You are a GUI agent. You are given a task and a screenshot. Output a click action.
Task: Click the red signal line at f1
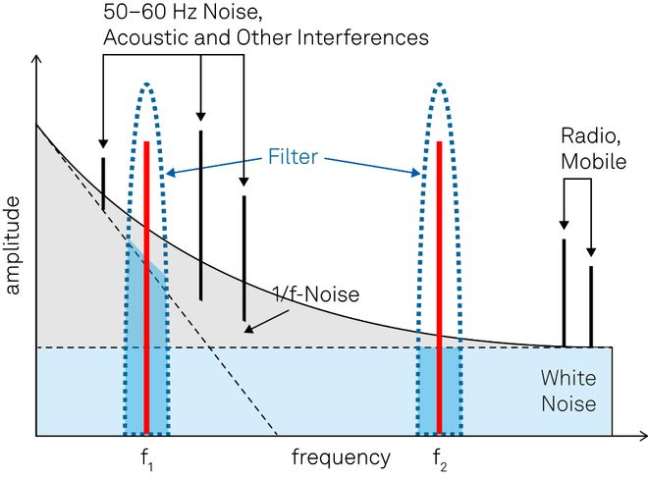point(146,285)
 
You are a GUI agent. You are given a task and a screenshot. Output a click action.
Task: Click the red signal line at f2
point(439,285)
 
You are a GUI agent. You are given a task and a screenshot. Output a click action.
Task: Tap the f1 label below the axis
point(146,458)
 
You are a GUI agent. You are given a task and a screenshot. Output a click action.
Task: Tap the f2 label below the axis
point(439,458)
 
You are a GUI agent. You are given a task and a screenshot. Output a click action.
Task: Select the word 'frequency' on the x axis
point(341,457)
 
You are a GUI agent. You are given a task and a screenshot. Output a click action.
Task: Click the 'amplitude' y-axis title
point(13,245)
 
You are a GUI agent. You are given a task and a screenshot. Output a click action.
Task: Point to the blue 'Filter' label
point(293,157)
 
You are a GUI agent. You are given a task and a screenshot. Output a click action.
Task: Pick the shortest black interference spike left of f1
point(103,184)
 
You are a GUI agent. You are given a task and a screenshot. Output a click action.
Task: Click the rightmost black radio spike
point(591,304)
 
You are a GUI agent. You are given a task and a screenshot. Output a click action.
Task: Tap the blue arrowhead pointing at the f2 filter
point(420,174)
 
